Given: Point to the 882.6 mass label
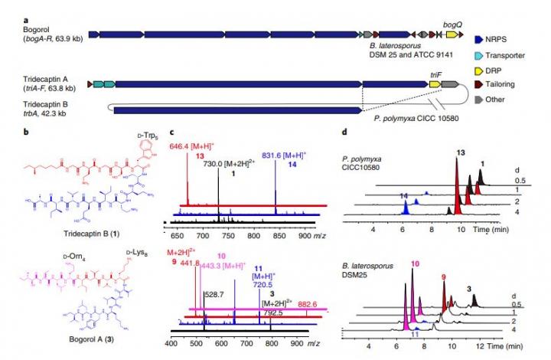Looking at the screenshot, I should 305,304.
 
